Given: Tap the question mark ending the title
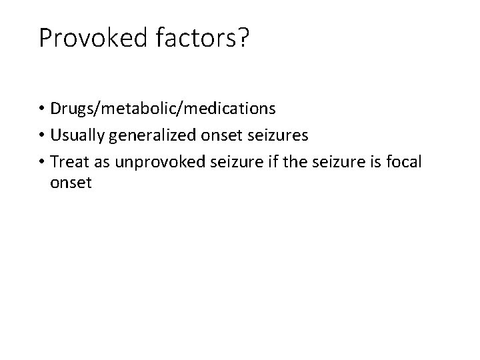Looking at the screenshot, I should pyautogui.click(x=241, y=39).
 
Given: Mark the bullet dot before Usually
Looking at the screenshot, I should pyautogui.click(x=42, y=136).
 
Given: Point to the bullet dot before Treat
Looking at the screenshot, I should pyautogui.click(x=42, y=162).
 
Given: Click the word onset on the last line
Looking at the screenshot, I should pyautogui.click(x=70, y=182).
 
